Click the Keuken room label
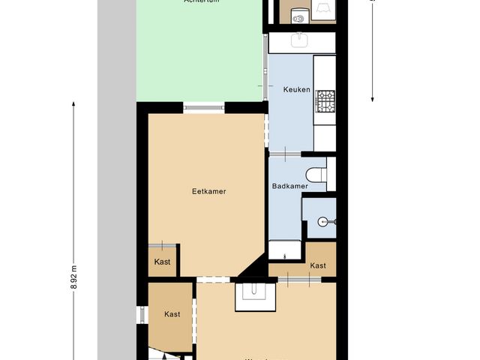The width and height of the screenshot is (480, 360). [296, 90]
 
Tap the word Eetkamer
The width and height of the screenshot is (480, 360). [208, 191]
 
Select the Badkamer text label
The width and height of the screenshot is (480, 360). [289, 186]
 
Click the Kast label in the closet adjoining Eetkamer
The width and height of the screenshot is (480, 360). [162, 262]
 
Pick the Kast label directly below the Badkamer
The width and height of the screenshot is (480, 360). [318, 265]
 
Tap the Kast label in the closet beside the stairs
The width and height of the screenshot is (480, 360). [172, 314]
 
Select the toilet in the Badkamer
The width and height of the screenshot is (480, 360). [316, 173]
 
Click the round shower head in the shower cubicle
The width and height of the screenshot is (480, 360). [322, 220]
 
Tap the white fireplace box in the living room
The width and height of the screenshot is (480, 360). [256, 295]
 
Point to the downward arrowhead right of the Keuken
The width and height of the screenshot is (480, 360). [373, 99]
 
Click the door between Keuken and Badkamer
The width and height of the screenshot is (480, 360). [284, 154]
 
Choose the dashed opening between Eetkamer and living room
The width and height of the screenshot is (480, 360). [214, 280]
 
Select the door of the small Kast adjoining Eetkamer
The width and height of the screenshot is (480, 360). [162, 245]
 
